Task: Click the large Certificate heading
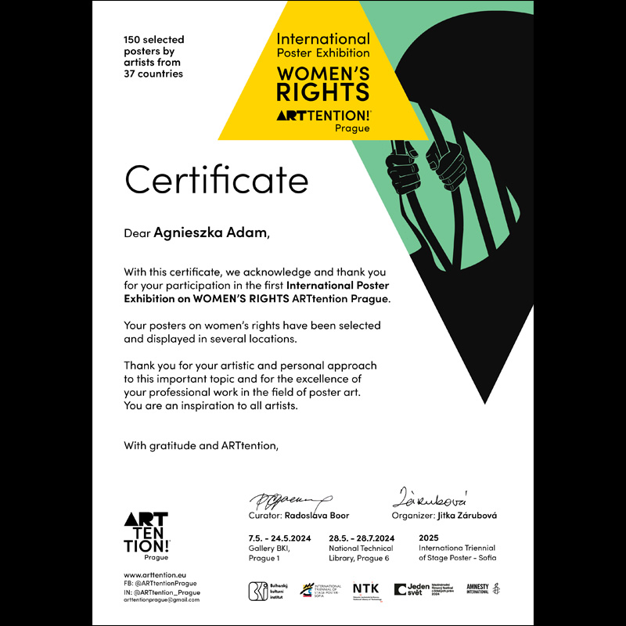coord(217,180)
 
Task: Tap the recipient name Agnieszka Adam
coord(210,232)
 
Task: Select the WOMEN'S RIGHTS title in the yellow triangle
coord(322,85)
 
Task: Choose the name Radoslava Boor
coord(316,516)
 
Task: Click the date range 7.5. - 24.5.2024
coord(280,538)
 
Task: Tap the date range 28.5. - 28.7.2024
coord(362,538)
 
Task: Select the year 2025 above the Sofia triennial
coord(430,538)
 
